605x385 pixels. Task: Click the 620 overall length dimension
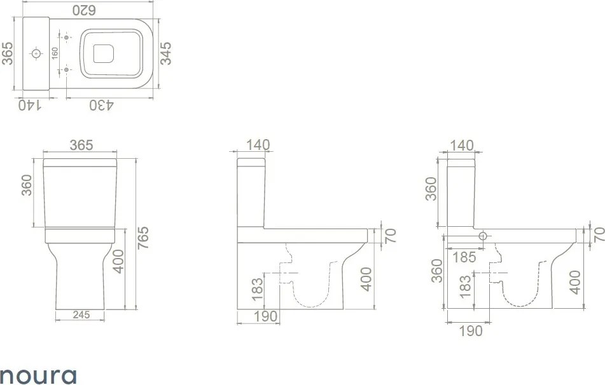[x=84, y=10]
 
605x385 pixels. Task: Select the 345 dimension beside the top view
[x=165, y=53]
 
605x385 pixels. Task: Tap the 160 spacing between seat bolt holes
[x=55, y=53]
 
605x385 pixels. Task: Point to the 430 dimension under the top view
[x=102, y=105]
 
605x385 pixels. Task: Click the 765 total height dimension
[x=143, y=238]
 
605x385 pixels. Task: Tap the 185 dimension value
[x=464, y=257]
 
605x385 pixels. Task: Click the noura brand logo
[x=38, y=375]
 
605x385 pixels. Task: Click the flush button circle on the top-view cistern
[x=36, y=53]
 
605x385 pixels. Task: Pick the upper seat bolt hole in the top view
[x=66, y=37]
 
